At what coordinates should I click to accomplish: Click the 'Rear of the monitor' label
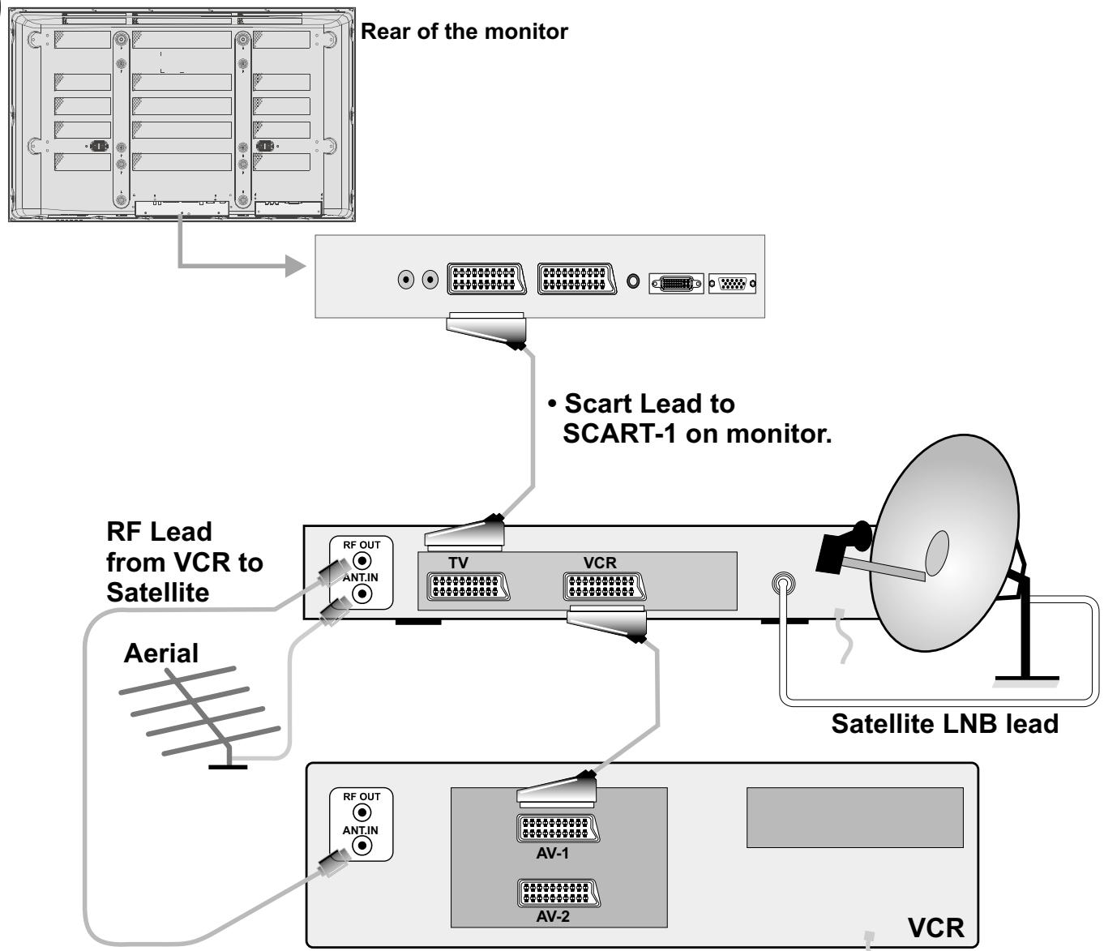click(x=464, y=32)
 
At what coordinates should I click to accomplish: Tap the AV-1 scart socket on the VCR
click(x=558, y=829)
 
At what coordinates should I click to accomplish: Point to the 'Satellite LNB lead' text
click(x=944, y=723)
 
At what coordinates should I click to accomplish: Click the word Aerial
click(x=160, y=653)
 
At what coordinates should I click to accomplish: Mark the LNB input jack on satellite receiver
click(x=782, y=583)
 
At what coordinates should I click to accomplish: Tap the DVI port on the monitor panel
click(x=676, y=284)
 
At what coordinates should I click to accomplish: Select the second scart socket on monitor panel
click(x=576, y=280)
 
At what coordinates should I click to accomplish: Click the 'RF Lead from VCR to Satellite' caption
click(x=184, y=562)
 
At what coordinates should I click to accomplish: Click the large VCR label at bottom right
click(x=935, y=927)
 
